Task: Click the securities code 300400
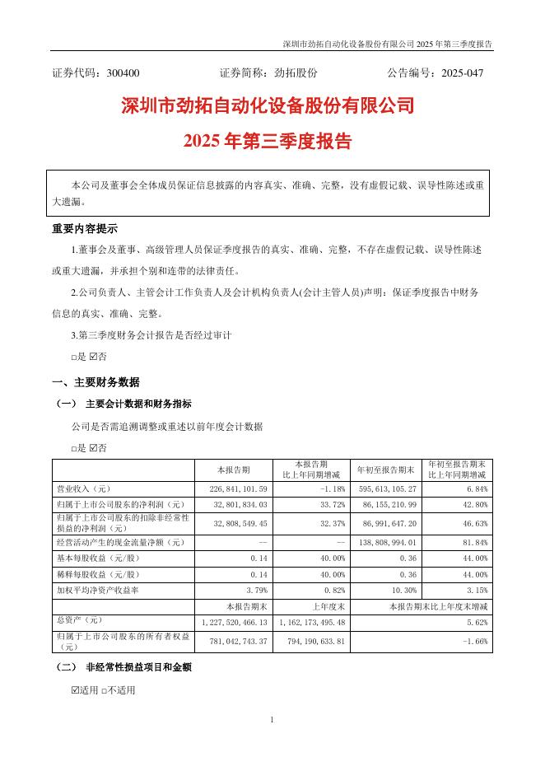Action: pos(123,73)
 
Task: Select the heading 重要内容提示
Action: pos(85,229)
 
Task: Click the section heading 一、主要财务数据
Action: pos(95,382)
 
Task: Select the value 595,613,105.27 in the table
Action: pos(389,488)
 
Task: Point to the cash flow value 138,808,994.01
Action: pos(389,543)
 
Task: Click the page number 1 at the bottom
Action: pos(272,721)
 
